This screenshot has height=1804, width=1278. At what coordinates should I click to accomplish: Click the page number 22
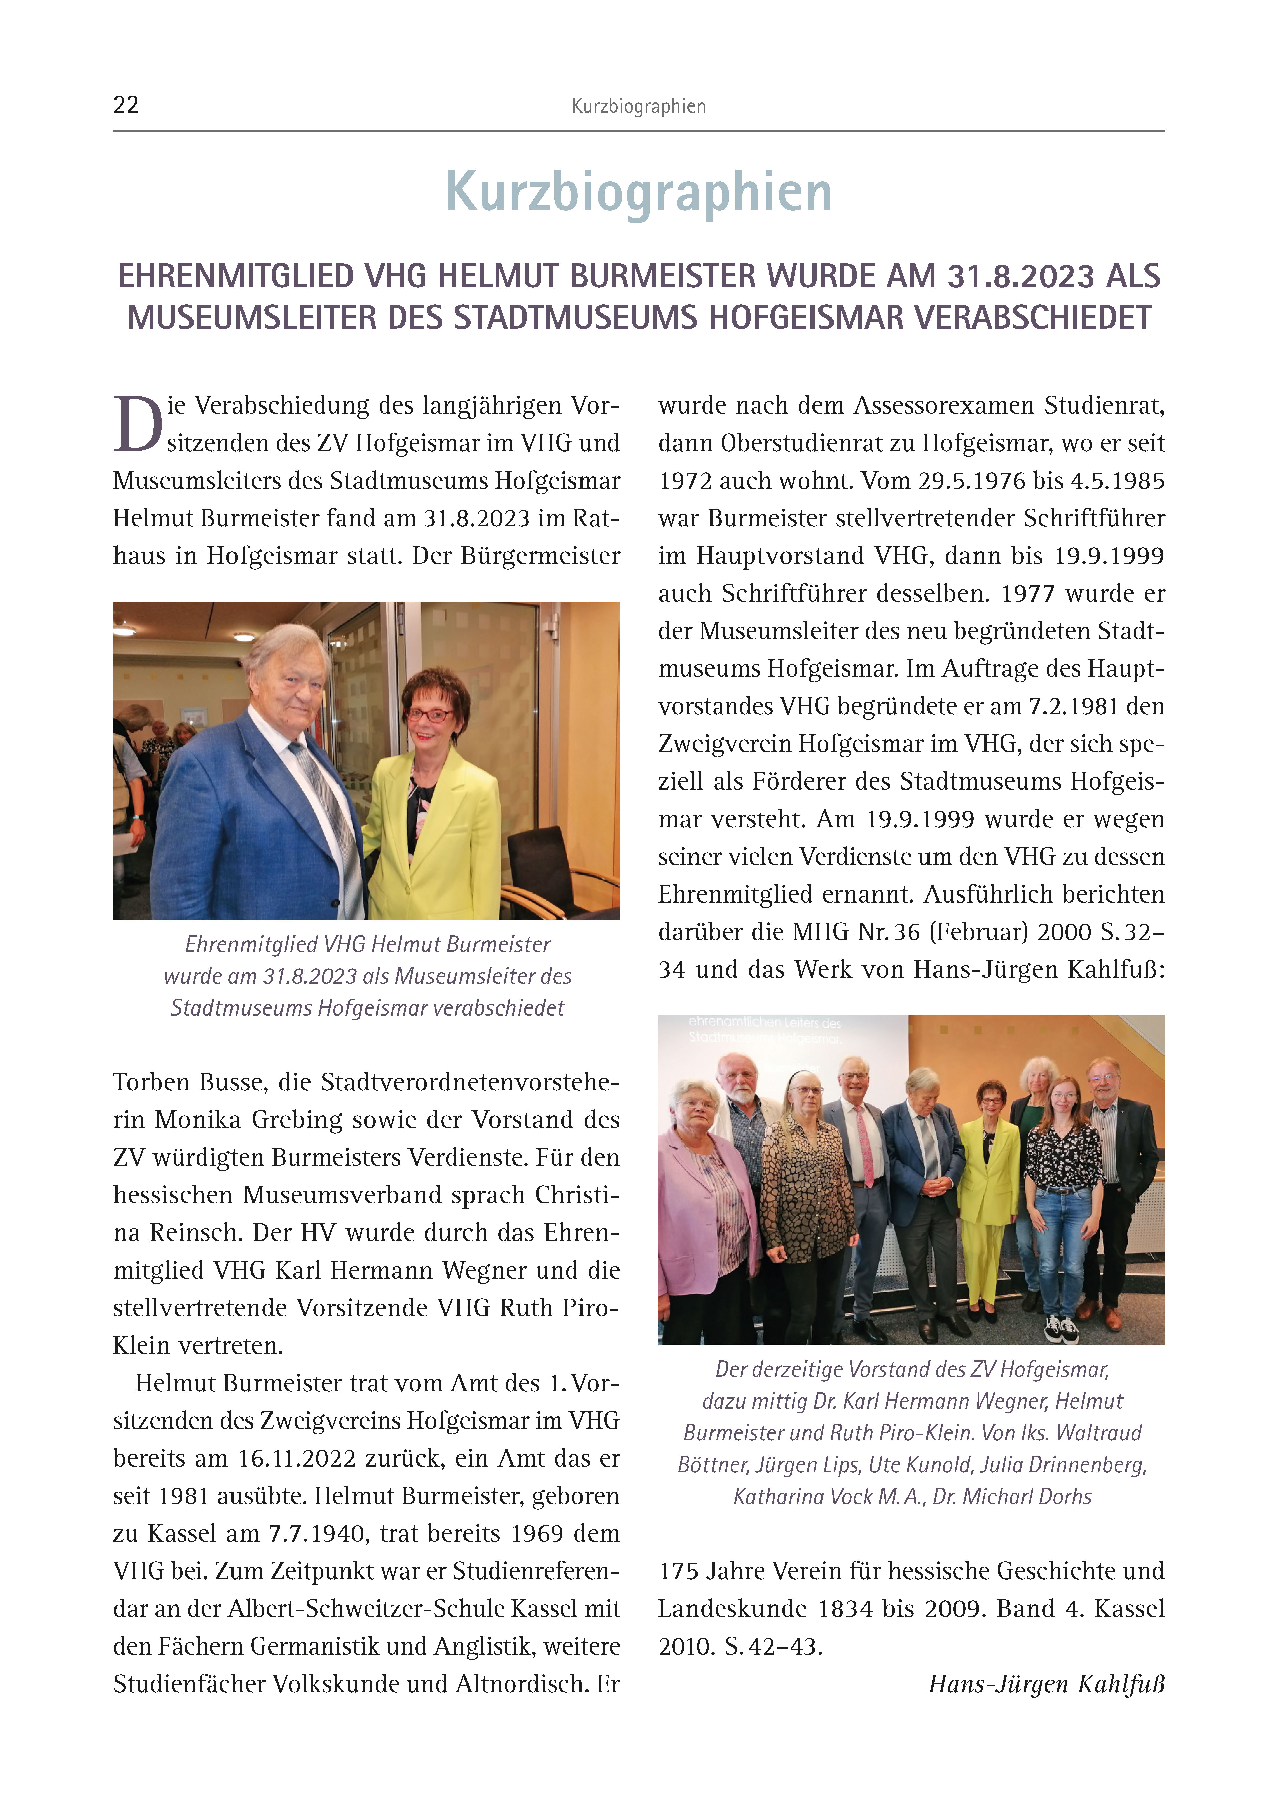[126, 105]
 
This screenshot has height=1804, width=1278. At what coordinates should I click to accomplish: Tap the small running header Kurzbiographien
[638, 106]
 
